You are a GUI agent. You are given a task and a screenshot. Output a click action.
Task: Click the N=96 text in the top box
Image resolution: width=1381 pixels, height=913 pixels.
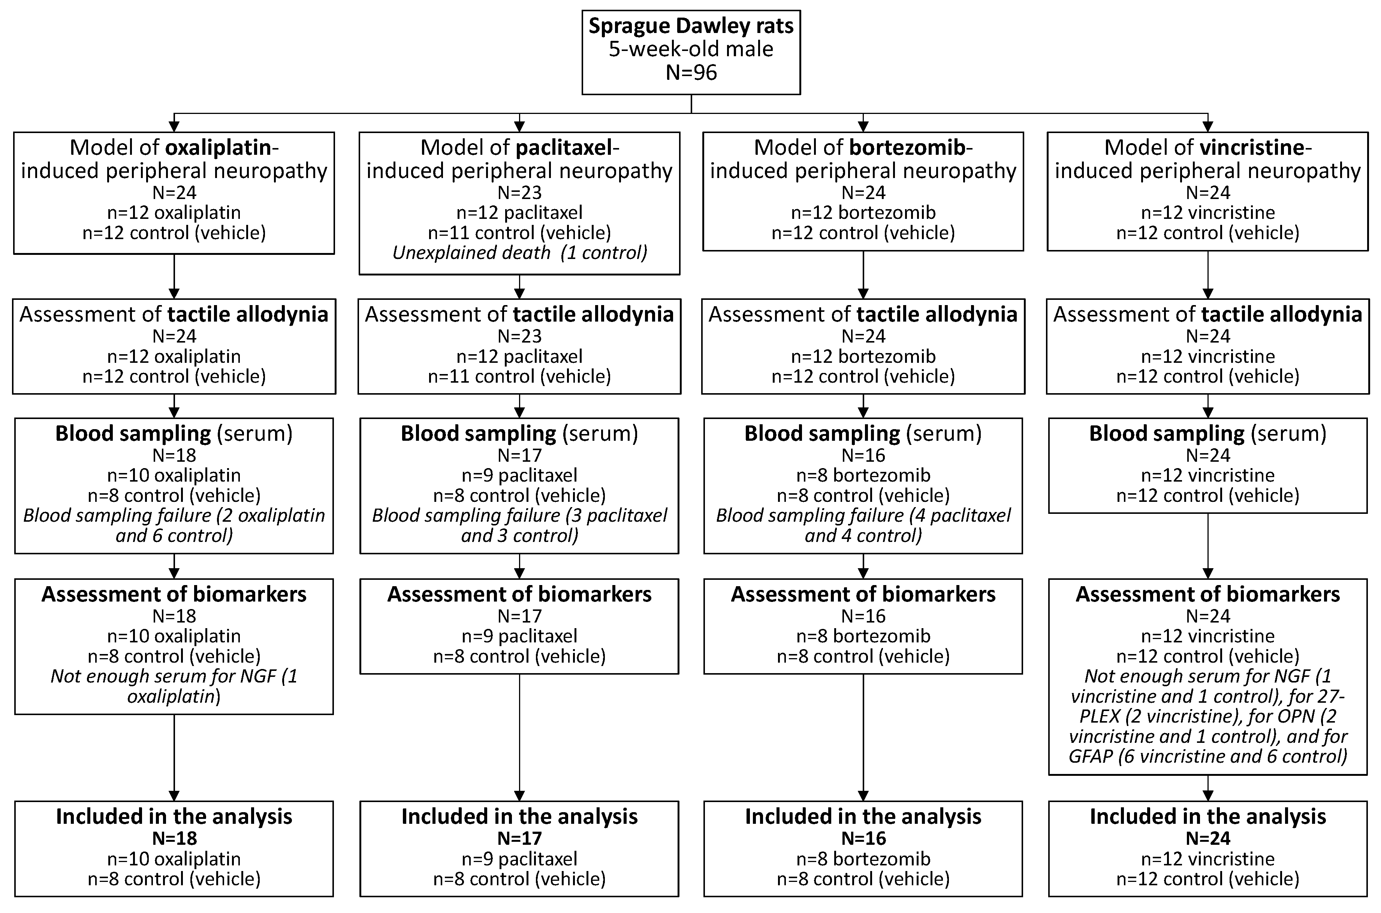coord(691,73)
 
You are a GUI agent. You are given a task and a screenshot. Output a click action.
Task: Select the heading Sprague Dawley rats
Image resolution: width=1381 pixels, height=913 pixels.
coord(691,26)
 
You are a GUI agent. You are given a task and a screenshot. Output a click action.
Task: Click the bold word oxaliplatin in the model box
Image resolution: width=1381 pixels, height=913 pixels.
coord(219,148)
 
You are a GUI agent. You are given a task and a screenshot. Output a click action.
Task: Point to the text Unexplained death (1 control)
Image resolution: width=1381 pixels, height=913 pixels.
coord(519,253)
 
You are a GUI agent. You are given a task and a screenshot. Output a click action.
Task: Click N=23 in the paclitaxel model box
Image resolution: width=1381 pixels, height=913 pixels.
coord(519,193)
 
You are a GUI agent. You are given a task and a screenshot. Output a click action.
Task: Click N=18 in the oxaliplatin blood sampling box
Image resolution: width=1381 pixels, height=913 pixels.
coord(174,455)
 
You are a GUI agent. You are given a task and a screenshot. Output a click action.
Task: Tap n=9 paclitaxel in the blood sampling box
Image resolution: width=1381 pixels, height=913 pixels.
coord(519,475)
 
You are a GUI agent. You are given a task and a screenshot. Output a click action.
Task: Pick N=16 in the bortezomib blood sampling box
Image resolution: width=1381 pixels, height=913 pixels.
coord(863,455)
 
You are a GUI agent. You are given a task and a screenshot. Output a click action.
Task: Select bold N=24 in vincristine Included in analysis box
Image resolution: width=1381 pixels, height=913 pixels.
coord(1208,838)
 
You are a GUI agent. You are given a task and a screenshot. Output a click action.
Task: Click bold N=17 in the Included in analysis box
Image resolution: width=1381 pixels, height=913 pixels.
coord(519,838)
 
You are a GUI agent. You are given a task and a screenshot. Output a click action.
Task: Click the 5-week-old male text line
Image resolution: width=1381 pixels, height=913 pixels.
coord(691,49)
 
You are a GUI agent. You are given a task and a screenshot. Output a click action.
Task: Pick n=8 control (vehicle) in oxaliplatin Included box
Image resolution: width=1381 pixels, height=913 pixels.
coord(174,879)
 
